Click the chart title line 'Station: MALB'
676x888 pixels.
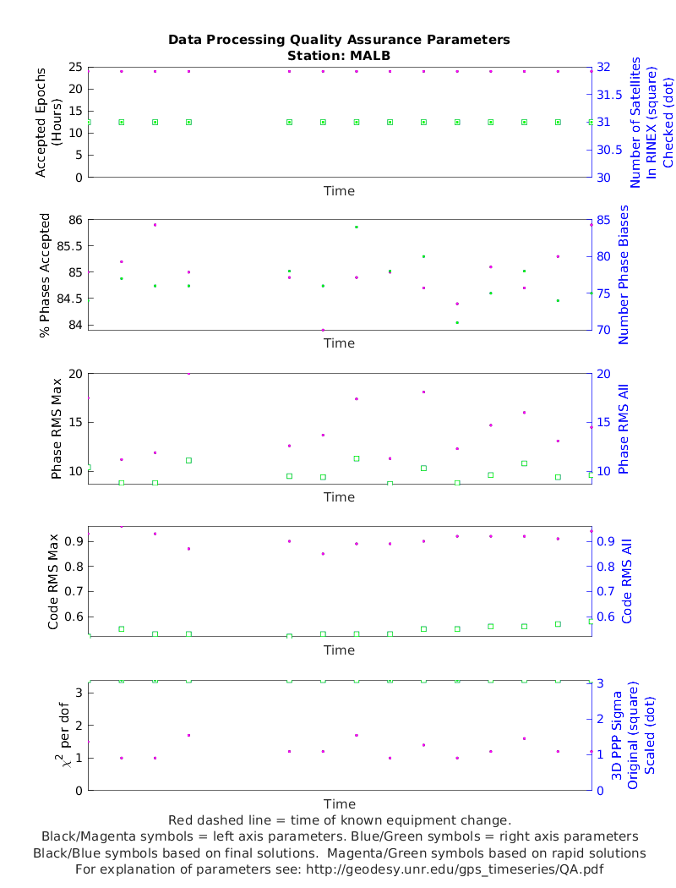(x=339, y=55)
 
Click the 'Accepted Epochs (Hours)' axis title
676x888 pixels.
(x=48, y=123)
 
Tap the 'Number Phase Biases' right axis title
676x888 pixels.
(x=624, y=274)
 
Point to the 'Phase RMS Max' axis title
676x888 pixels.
(x=57, y=428)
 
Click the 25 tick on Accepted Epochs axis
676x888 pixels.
(x=74, y=67)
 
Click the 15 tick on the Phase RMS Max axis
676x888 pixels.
(x=74, y=422)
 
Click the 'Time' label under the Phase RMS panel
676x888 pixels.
(x=339, y=497)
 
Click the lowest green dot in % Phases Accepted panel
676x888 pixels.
(x=457, y=322)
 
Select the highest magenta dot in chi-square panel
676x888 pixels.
(x=188, y=735)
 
